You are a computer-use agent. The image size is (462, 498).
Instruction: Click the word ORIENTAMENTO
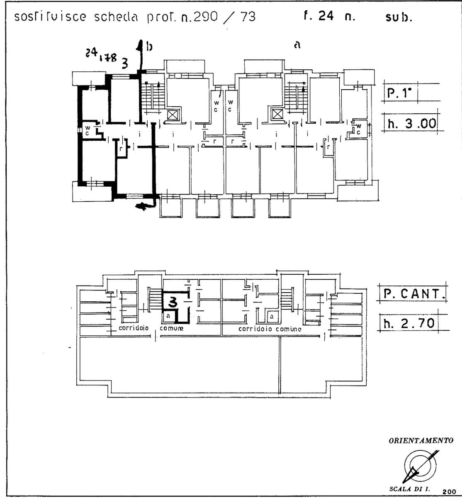click(421, 441)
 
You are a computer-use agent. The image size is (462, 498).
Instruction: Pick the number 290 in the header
click(199, 17)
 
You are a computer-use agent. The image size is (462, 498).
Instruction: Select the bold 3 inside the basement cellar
click(174, 303)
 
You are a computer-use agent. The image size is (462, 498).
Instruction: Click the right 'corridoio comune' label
click(270, 328)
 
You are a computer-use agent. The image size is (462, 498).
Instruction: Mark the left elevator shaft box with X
click(172, 115)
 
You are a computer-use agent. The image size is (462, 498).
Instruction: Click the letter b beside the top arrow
click(150, 47)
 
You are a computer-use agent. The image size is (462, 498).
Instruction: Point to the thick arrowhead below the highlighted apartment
click(142, 206)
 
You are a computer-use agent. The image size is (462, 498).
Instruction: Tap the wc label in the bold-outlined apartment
click(88, 131)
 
